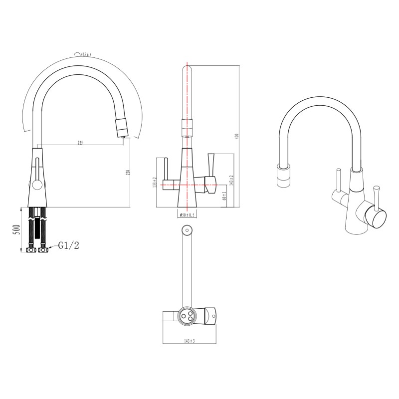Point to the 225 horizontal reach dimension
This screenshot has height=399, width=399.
80,143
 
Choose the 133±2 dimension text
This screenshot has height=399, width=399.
155,182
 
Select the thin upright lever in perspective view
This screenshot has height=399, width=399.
338,182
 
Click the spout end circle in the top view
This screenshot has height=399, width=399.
187,230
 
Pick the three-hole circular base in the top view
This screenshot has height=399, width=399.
188,316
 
